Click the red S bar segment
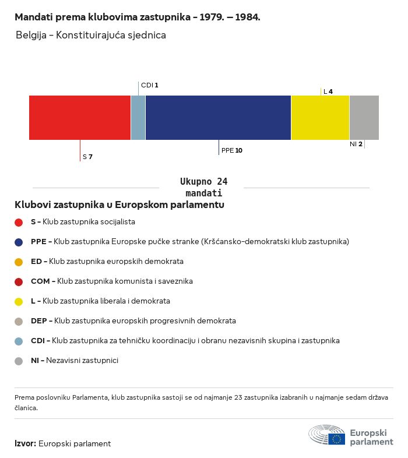click(x=80, y=118)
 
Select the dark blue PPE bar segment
click(x=218, y=118)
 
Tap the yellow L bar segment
click(x=321, y=118)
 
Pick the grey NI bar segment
click(x=364, y=118)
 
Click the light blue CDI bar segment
click(x=138, y=118)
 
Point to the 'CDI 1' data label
click(x=149, y=85)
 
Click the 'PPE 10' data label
click(x=232, y=150)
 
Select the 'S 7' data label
click(x=87, y=157)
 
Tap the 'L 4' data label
click(x=328, y=91)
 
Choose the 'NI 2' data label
click(x=356, y=144)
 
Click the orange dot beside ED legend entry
click(x=19, y=262)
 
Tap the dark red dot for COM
click(x=19, y=282)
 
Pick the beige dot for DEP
click(x=19, y=322)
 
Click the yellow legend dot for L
click(x=19, y=302)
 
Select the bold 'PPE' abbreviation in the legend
click(x=38, y=242)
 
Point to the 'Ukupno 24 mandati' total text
click(x=203, y=187)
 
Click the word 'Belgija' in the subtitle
click(x=31, y=35)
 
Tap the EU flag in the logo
click(x=336, y=439)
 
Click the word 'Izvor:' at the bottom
click(x=25, y=443)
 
